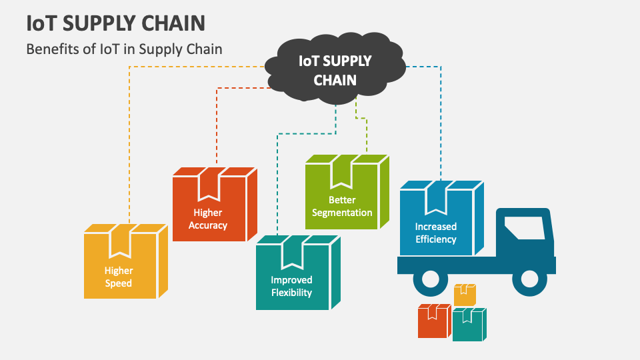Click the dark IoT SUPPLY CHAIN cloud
[x=335, y=71]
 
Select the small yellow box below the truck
[x=464, y=295]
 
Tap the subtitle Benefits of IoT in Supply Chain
[x=124, y=49]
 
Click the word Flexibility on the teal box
[x=291, y=293]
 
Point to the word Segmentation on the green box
[x=342, y=213]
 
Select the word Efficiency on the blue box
[x=435, y=239]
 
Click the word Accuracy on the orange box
[x=208, y=225]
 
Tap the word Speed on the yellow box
[x=118, y=283]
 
